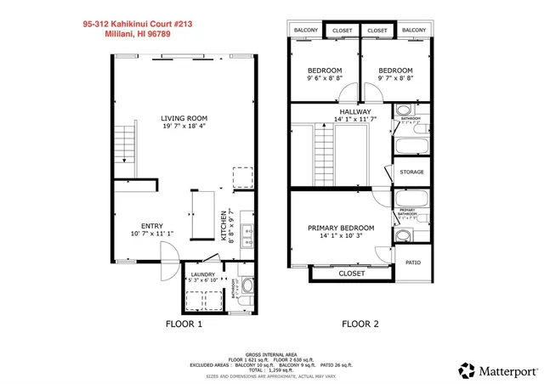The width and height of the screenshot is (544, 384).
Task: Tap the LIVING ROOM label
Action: click(x=184, y=118)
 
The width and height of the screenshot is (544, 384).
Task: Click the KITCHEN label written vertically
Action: click(x=224, y=226)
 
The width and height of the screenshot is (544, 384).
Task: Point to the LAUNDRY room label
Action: click(x=202, y=274)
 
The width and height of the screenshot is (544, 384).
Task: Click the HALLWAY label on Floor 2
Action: click(x=355, y=111)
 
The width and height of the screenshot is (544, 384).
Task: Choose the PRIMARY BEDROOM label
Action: click(x=341, y=228)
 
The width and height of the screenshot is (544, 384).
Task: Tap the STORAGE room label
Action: click(x=412, y=172)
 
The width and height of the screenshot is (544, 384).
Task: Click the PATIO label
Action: click(x=413, y=263)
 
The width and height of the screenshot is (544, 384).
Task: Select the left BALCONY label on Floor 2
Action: click(x=306, y=31)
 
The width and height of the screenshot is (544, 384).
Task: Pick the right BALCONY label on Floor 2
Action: click(x=413, y=31)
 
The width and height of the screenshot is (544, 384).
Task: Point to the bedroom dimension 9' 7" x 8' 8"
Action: click(x=395, y=78)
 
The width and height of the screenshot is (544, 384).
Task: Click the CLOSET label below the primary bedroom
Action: click(x=351, y=274)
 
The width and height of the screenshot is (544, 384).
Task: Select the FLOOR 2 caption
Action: click(x=360, y=324)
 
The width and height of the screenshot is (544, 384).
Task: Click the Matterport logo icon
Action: click(x=467, y=370)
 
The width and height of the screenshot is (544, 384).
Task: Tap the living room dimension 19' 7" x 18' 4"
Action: click(x=184, y=127)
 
